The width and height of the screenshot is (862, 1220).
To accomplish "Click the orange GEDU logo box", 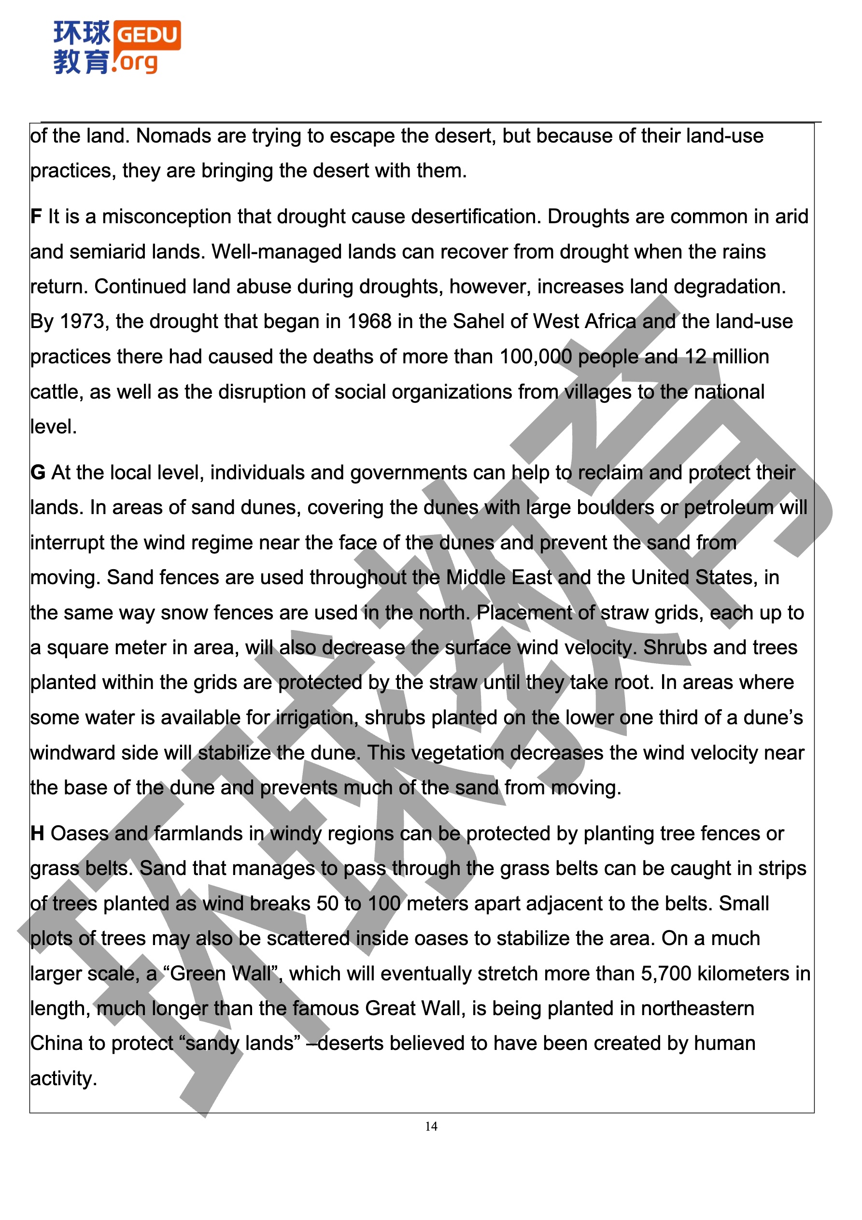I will [147, 35].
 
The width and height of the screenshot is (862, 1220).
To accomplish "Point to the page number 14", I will [431, 1126].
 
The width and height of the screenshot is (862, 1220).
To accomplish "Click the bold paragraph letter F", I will [36, 217].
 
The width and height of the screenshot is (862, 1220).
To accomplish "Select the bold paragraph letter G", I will [37, 473].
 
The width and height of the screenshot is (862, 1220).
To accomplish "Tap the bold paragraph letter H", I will [37, 833].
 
